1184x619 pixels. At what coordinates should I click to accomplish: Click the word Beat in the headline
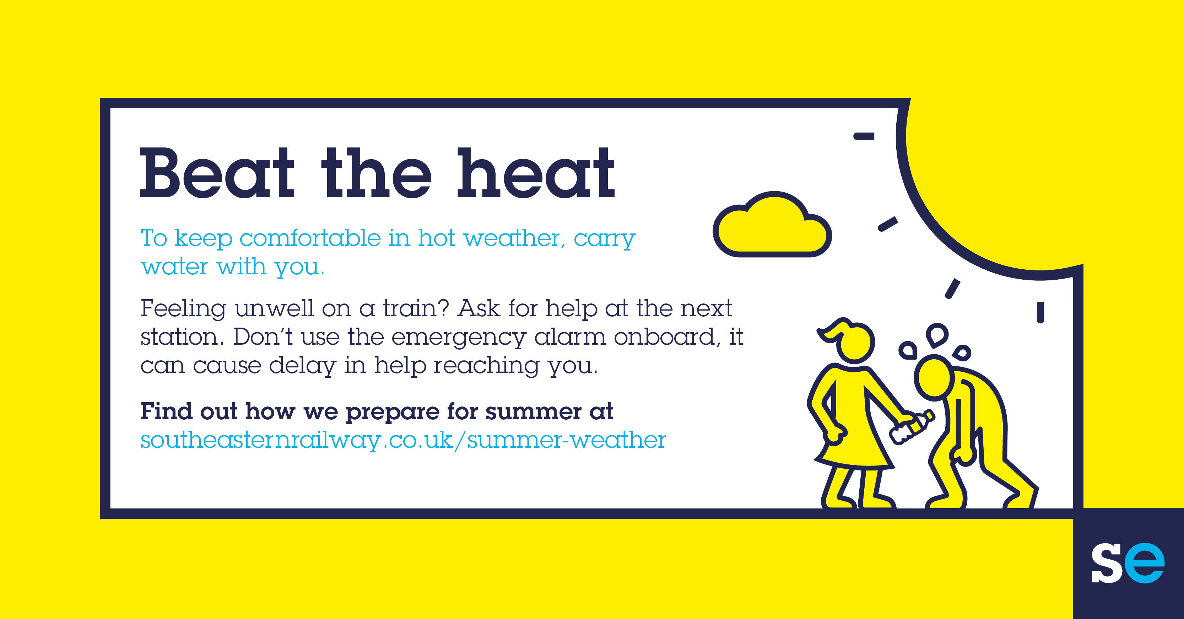pos(216,173)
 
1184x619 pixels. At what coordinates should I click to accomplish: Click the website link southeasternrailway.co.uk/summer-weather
pos(403,440)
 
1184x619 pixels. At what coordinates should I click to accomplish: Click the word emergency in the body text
pos(458,338)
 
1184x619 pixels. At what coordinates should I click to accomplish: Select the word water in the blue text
pos(175,267)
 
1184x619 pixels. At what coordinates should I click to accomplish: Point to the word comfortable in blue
pos(310,238)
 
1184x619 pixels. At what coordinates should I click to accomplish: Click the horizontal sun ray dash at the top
pos(864,136)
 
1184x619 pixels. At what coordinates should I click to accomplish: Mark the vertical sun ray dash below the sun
pos(1040,313)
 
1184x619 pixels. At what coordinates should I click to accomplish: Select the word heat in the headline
pos(536,173)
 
